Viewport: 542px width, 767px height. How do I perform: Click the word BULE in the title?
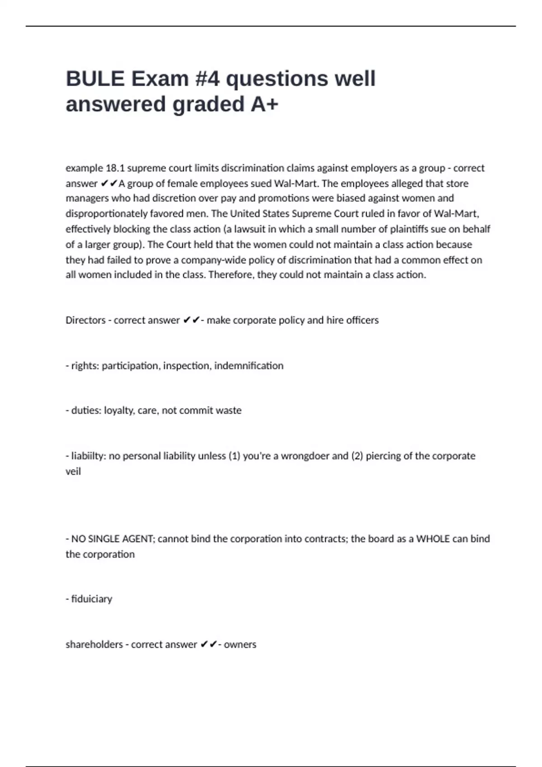point(95,79)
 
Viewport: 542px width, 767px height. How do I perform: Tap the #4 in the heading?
point(208,79)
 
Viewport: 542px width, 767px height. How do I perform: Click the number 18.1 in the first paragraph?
point(115,168)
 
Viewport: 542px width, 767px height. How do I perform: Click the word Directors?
point(85,320)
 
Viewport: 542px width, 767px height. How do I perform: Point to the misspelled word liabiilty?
point(89,456)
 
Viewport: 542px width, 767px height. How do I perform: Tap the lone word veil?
point(73,471)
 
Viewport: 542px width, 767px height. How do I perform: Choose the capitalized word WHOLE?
point(433,539)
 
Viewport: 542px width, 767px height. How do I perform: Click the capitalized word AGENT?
point(136,539)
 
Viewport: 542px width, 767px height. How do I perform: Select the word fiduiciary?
point(92,599)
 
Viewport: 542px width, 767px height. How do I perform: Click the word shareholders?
point(94,645)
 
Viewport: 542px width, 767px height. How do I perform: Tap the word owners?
point(240,645)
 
